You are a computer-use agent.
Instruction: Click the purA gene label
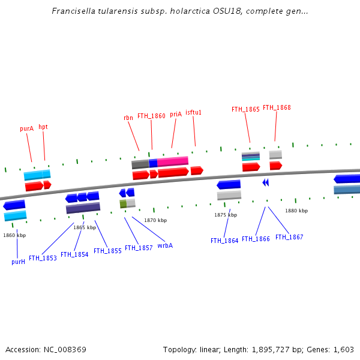26,128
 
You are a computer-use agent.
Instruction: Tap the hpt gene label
43,127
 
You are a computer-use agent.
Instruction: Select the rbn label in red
128,118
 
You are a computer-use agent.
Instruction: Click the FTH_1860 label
151,116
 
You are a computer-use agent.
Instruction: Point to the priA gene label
175,114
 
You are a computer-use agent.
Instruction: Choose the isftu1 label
193,112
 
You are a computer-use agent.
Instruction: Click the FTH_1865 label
245,109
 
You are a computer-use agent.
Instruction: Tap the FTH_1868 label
277,107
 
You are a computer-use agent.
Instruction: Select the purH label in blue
18,262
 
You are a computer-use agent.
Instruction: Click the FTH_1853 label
43,258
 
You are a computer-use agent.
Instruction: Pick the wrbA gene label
165,245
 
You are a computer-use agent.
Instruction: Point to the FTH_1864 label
224,241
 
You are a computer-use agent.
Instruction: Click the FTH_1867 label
289,237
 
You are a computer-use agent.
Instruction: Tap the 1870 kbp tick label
154,220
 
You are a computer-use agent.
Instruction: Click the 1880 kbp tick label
296,211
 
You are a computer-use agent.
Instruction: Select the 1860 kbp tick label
14,235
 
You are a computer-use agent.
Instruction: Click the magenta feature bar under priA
173,161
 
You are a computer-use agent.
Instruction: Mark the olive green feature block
123,204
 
